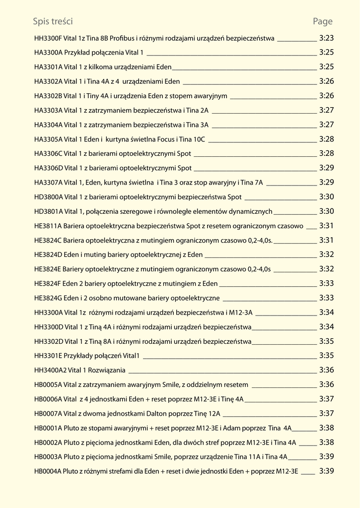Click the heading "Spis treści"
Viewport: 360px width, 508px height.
(53, 21)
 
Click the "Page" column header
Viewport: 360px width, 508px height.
(323, 21)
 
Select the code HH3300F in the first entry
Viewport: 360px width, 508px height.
(48, 38)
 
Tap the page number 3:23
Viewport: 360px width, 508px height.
(326, 38)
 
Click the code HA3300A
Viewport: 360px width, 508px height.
(48, 52)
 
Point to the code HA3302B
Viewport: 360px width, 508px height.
(48, 96)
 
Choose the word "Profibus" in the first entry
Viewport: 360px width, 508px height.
(122, 38)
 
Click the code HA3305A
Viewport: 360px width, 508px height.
(48, 139)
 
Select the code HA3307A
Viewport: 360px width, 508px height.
(48, 183)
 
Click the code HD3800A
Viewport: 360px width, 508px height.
(49, 197)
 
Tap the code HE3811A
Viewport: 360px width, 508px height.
(48, 226)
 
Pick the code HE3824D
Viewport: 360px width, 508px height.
(48, 255)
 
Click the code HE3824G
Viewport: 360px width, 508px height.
(48, 298)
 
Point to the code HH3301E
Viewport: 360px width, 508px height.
(48, 356)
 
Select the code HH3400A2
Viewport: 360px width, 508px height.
(50, 370)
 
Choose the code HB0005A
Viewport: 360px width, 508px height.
(48, 384)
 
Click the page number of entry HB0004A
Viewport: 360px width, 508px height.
(326, 471)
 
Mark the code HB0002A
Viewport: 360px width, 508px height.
(48, 443)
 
